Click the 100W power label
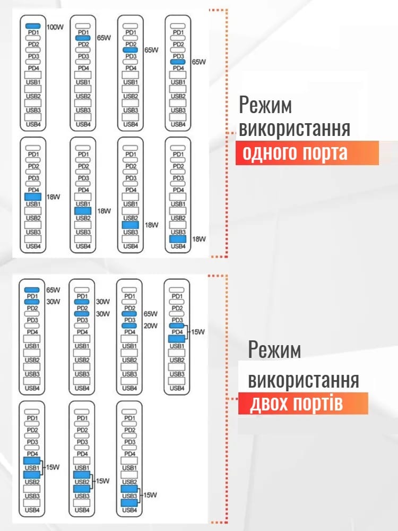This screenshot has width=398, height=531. pyautogui.click(x=55, y=26)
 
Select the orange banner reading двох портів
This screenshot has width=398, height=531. pyautogui.click(x=303, y=403)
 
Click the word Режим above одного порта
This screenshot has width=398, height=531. pyautogui.click(x=265, y=106)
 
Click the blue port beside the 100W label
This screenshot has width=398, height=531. pyautogui.click(x=33, y=26)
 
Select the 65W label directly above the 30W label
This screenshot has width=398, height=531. pyautogui.click(x=53, y=290)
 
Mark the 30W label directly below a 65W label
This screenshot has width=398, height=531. pyautogui.click(x=53, y=302)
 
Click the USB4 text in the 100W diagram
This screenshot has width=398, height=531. pyautogui.click(x=33, y=124)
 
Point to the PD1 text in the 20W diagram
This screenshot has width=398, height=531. pyautogui.click(x=129, y=296)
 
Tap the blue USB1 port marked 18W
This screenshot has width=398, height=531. pyautogui.click(x=33, y=197)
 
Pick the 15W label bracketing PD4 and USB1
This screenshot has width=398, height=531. pyautogui.click(x=198, y=332)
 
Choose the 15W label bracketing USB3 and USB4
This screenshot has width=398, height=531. pyautogui.click(x=151, y=495)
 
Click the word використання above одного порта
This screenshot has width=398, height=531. pyautogui.click(x=295, y=130)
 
